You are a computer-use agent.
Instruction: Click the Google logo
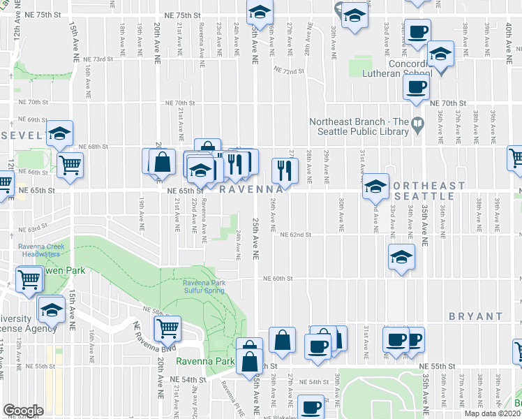pos(22,411)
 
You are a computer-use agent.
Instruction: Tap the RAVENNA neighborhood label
pos(252,189)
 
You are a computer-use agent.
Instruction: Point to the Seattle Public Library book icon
pos(418,126)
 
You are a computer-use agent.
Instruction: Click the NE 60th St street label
pos(277,279)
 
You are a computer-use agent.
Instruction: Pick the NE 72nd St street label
pos(290,71)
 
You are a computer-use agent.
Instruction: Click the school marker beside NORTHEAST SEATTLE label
pos(375,186)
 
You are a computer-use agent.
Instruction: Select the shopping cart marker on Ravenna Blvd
pos(167,327)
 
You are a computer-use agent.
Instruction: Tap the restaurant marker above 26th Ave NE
pos(285,168)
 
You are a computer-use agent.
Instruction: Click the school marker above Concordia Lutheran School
pos(440,52)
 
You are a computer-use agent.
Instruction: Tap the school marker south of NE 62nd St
pos(401,256)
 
